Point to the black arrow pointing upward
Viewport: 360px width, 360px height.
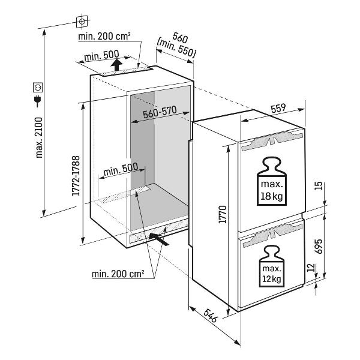pyautogui.click(x=118, y=63)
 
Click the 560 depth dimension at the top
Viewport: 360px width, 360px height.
pyautogui.click(x=180, y=37)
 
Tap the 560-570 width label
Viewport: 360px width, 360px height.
pyautogui.click(x=160, y=115)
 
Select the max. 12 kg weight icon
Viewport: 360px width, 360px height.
pyautogui.click(x=271, y=268)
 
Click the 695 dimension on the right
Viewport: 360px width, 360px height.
pyautogui.click(x=319, y=247)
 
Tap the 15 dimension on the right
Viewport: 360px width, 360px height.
pyautogui.click(x=319, y=186)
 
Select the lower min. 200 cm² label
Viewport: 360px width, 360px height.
pyautogui.click(x=118, y=274)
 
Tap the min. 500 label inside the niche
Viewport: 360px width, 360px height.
pyautogui.click(x=120, y=170)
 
